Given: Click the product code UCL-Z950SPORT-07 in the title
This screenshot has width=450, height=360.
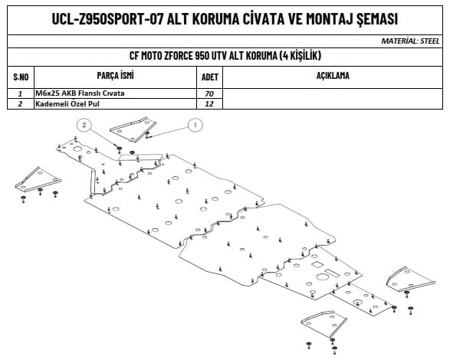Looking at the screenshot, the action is point(107,19).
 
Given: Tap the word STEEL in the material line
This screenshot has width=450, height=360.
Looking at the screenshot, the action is point(429,41).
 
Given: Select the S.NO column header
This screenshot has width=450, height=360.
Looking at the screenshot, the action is point(21,77).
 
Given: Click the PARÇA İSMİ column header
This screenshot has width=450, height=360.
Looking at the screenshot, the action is point(115,75).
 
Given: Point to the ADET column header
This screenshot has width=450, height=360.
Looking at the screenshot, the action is point(210,77).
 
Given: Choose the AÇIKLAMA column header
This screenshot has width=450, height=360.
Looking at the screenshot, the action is point(333,76).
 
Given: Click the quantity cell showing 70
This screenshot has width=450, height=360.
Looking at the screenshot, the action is point(209,93).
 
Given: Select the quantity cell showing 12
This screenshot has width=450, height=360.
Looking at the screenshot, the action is point(209,103).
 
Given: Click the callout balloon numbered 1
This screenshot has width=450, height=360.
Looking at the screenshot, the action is point(195,125).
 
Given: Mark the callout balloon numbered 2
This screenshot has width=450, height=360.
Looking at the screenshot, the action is point(84,125).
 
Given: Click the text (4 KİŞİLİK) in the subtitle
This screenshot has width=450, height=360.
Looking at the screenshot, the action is point(300,56).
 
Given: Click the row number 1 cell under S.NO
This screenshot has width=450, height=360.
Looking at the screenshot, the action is point(20,93).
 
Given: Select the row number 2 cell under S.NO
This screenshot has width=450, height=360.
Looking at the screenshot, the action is point(20,103).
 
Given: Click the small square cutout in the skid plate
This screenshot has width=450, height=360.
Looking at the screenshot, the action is point(317,264).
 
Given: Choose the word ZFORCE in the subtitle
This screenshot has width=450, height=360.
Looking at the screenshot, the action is point(179,56).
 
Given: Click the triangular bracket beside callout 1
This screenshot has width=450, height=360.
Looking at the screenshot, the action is point(133,129).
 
